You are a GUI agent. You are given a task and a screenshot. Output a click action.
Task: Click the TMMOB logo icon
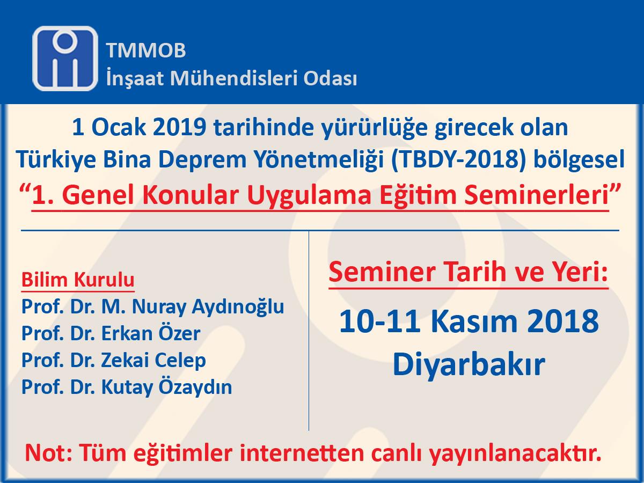tap(65, 58)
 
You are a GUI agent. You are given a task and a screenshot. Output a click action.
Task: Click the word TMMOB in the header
tap(146, 50)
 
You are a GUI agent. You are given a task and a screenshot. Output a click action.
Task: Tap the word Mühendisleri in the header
tap(234, 78)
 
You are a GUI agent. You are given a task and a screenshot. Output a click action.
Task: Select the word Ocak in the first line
tap(119, 128)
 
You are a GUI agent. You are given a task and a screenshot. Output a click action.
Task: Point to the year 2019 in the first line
tap(179, 128)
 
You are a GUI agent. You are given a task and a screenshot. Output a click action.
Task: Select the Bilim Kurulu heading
tap(78, 280)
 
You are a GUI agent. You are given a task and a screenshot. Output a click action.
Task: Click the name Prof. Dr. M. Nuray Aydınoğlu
tap(152, 307)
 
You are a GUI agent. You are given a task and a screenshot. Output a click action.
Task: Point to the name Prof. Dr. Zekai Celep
tap(114, 360)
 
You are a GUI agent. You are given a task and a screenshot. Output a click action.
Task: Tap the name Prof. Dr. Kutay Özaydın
tap(127, 387)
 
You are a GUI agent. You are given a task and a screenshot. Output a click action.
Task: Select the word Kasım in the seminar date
tap(474, 321)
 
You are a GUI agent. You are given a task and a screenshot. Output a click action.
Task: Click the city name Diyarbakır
tap(469, 364)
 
